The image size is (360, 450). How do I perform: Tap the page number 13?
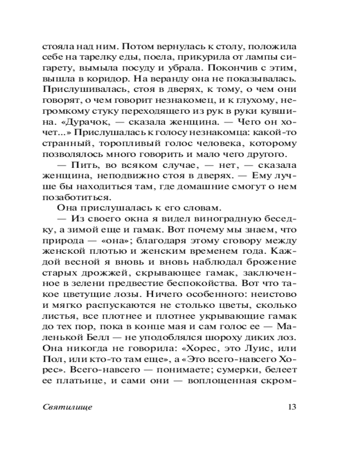point(290,407)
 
